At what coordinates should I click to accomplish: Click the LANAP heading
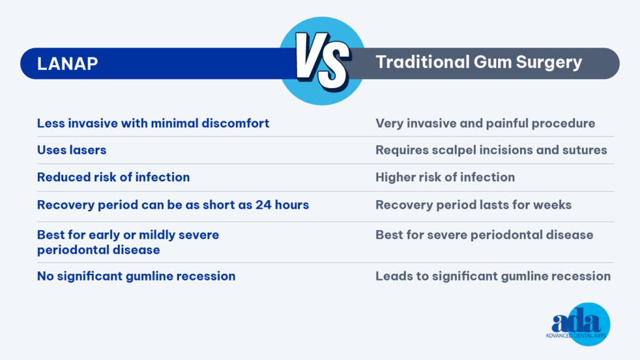coord(67,64)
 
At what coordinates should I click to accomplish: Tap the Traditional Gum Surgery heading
coord(478,62)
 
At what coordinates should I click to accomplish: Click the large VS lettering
coord(322,61)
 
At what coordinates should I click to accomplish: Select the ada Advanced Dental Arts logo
coord(577,324)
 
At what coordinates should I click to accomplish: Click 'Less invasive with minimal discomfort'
coord(153,123)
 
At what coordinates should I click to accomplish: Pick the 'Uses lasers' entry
coord(71,150)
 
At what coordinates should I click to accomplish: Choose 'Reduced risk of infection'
coord(114,177)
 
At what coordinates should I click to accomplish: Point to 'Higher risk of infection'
coord(445,177)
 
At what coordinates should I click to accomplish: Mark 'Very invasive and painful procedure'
coord(485,124)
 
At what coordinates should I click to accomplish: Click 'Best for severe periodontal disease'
coord(484,235)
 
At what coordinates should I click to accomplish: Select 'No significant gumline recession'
coord(136,276)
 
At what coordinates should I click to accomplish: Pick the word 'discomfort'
coord(236,123)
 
